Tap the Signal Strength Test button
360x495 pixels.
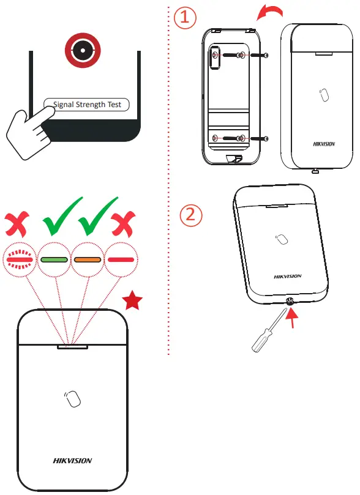(x=86, y=105)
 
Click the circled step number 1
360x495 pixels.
(x=185, y=18)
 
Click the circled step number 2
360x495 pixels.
(x=191, y=214)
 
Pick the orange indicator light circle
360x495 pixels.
(x=87, y=259)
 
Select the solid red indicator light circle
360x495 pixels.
(x=121, y=259)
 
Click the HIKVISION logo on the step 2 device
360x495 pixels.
(x=287, y=277)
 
